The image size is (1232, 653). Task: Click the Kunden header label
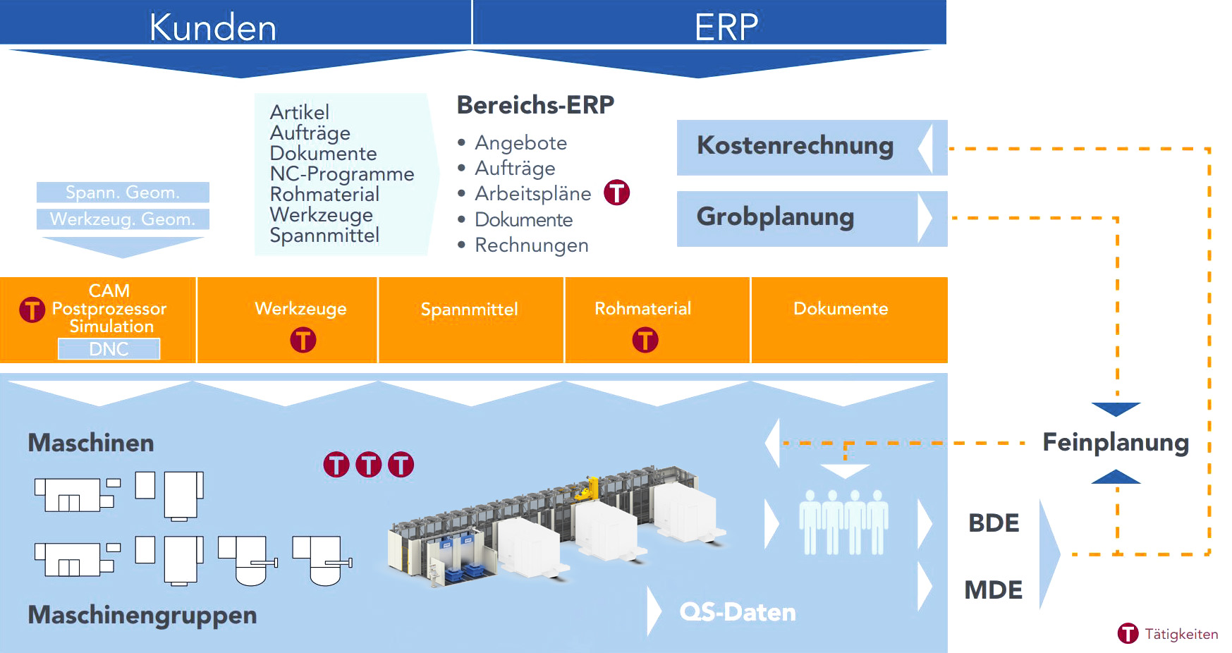point(212,28)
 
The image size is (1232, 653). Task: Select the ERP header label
point(726,28)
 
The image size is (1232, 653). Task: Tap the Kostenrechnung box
point(795,146)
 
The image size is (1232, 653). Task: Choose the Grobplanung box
point(776,217)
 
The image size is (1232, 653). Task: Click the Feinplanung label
point(1116,442)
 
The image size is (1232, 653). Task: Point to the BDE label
point(994,523)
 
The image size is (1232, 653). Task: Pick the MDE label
point(993,590)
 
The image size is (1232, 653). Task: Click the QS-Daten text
point(737,612)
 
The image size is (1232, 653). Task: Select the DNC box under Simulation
point(109,349)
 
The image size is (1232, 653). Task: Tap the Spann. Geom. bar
point(123,192)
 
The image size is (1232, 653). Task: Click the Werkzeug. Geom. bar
point(123,219)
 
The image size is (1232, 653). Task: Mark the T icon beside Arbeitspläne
point(616,193)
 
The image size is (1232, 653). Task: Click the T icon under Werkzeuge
point(303,340)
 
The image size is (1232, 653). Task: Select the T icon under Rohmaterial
point(645,340)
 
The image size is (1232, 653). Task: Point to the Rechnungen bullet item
point(531,245)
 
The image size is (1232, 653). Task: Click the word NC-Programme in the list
point(342,174)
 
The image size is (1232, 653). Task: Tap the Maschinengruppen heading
point(142,615)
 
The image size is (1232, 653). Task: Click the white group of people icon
point(843,522)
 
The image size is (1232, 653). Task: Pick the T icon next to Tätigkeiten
point(1128,633)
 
